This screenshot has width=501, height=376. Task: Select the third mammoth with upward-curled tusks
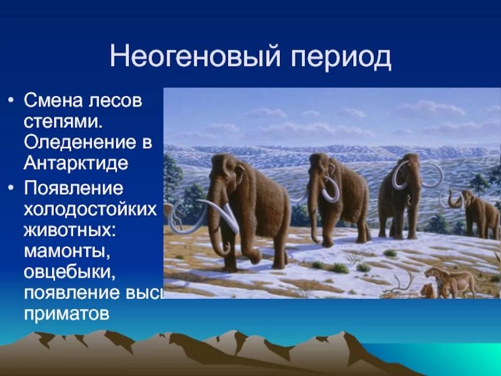tap(401, 191)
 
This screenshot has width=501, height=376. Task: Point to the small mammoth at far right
tap(479, 213)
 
